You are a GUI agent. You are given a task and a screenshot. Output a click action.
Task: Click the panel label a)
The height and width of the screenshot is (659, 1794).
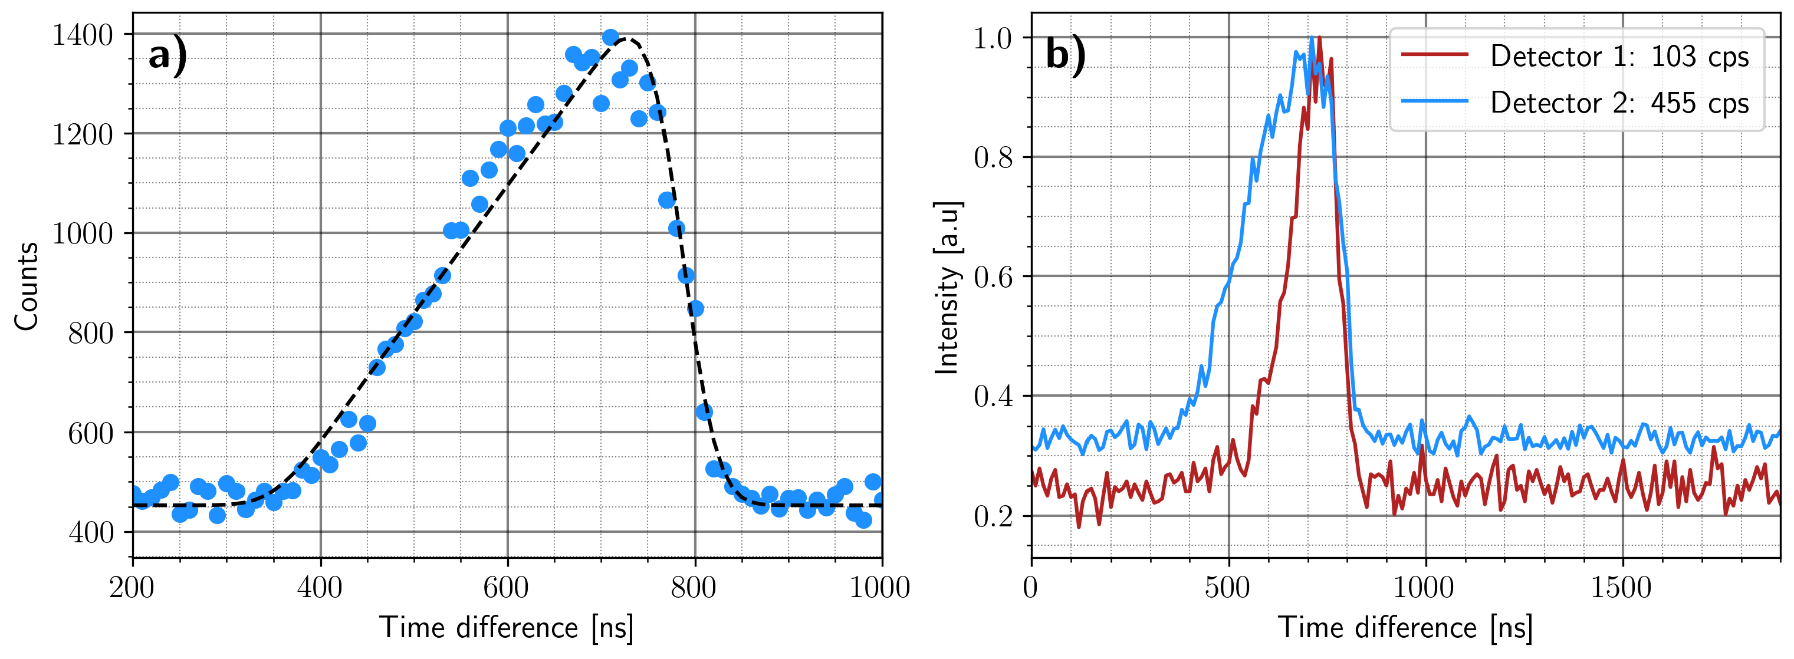point(167,54)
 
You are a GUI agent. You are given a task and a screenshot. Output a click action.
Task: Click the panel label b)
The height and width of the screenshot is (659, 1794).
point(1065,54)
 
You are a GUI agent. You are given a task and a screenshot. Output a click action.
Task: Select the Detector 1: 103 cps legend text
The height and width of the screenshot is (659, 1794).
point(1619,57)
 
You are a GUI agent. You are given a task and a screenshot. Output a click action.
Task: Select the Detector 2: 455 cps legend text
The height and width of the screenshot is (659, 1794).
point(1619,103)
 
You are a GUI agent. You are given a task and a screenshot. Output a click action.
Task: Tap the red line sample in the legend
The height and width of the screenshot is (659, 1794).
point(1435,54)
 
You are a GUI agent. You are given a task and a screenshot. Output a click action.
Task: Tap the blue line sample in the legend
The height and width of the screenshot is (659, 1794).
point(1435,101)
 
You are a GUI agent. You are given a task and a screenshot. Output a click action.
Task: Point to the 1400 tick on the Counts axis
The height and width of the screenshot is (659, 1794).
point(82,35)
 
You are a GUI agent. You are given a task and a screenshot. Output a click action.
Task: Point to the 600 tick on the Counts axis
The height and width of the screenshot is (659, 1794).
point(90,433)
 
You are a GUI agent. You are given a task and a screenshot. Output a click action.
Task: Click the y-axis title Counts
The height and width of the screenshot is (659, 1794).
point(27,286)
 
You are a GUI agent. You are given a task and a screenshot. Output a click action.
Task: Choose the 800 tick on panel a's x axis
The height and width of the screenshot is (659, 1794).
point(694,587)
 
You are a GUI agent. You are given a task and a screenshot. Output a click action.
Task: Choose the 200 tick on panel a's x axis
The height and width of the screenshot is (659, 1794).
point(132,587)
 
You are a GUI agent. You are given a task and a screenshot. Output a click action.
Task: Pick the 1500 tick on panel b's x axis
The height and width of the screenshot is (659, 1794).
point(1621,587)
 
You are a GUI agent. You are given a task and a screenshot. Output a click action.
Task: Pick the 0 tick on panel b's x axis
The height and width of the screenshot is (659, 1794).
point(1031,587)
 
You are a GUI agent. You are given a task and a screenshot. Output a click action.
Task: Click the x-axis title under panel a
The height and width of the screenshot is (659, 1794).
point(507,628)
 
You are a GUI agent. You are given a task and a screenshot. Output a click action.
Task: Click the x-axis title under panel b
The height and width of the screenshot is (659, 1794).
point(1405,628)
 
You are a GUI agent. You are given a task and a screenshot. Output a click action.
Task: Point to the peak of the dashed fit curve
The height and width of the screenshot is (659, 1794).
point(625,39)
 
